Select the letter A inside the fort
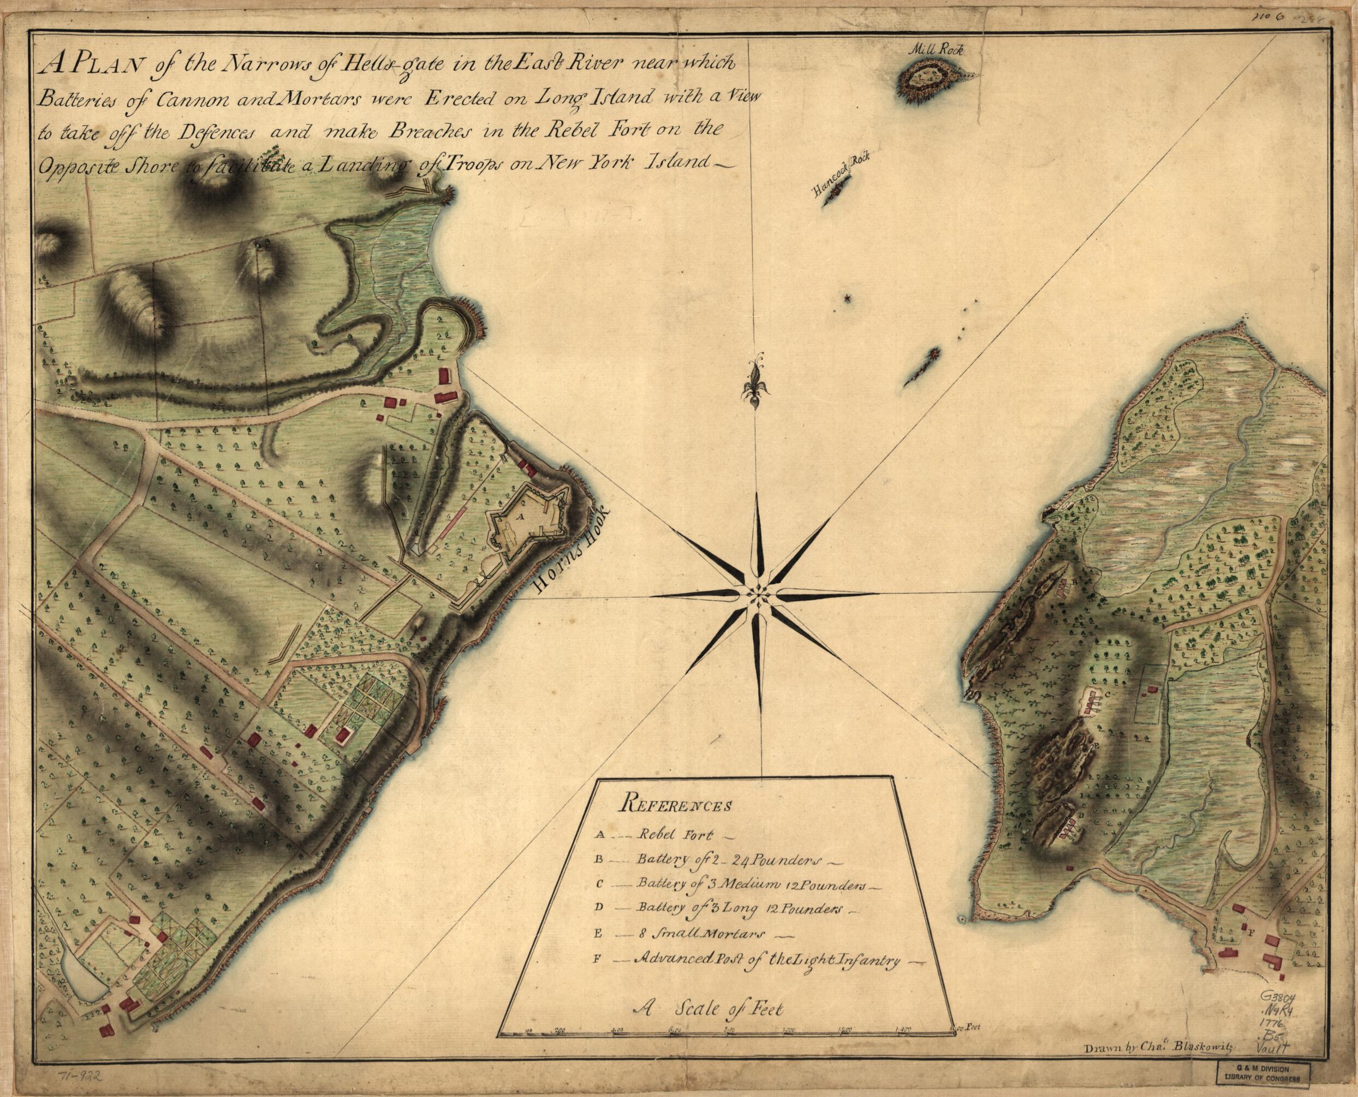[x=521, y=515]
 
